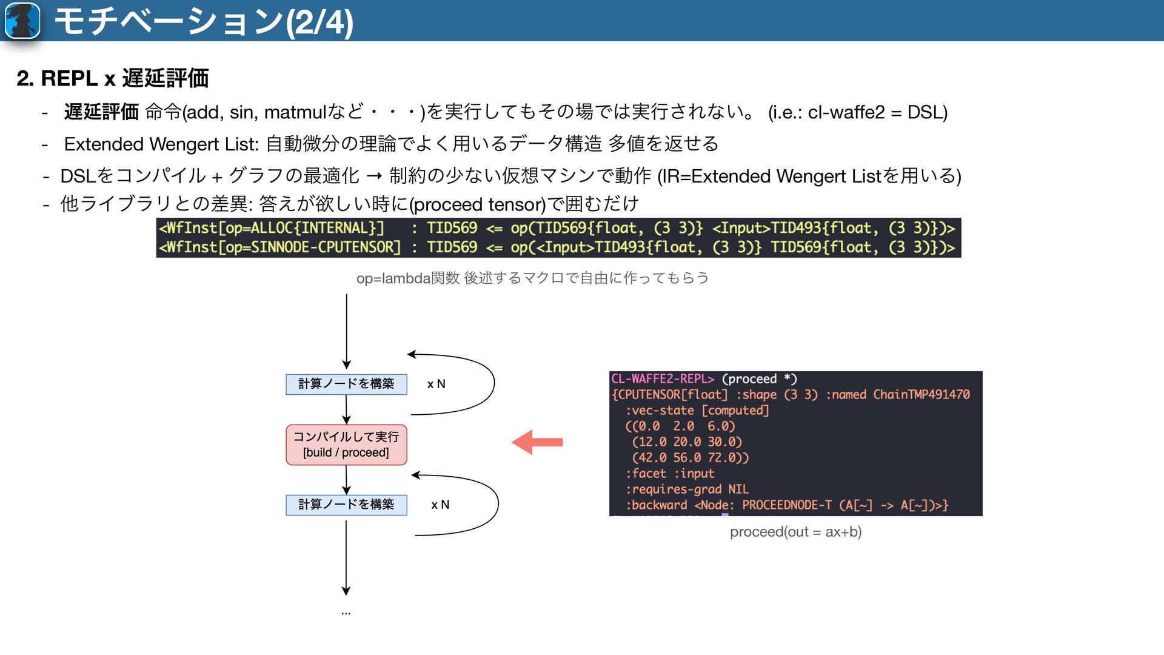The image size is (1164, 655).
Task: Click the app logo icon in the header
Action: click(x=22, y=21)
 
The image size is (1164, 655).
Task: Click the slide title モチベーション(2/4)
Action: click(x=204, y=22)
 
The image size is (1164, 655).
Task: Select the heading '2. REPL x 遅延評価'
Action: click(x=113, y=78)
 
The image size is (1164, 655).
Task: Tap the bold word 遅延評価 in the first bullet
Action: click(x=101, y=112)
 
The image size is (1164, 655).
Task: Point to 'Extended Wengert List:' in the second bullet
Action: click(x=161, y=144)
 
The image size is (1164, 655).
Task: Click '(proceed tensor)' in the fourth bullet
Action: click(x=478, y=204)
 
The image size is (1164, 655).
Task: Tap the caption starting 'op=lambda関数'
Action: click(x=532, y=278)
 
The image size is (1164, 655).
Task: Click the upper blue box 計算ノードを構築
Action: click(x=346, y=384)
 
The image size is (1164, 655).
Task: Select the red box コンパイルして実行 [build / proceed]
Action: click(x=346, y=445)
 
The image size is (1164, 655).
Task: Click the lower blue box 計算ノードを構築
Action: click(x=346, y=505)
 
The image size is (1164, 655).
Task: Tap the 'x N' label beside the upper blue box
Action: click(x=436, y=384)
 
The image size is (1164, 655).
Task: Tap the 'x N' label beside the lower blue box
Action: click(x=440, y=505)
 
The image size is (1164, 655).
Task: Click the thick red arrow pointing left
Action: click(x=537, y=442)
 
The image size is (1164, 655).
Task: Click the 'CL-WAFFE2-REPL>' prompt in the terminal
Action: click(x=663, y=379)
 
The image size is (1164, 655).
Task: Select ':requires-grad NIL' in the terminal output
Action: click(x=687, y=489)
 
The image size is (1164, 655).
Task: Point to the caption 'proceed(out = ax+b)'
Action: click(x=795, y=532)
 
